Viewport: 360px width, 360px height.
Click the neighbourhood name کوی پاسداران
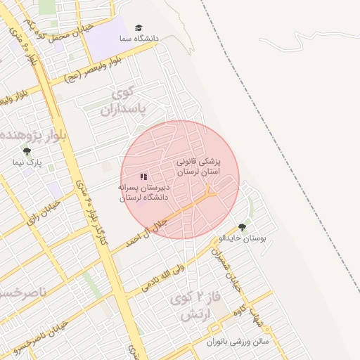click(x=127, y=102)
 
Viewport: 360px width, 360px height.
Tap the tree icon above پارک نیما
click(x=27, y=151)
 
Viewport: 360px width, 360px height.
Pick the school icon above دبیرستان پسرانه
click(x=143, y=177)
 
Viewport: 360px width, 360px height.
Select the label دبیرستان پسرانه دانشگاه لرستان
click(x=144, y=193)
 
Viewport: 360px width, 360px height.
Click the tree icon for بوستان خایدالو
click(x=243, y=227)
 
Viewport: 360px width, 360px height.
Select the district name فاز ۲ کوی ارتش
click(x=197, y=307)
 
